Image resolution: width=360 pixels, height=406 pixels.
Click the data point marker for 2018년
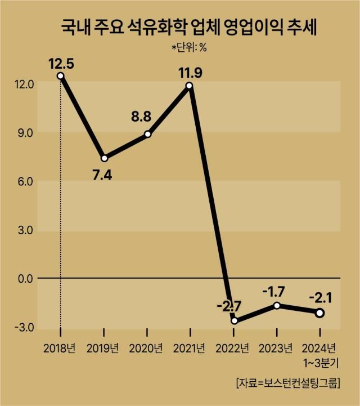point(60,76)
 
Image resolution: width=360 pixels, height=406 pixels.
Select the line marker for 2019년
point(104,158)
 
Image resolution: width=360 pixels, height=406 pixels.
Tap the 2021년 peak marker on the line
point(190,86)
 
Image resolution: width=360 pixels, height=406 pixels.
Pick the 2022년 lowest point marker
point(233,321)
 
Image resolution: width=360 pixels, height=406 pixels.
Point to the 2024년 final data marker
point(319,313)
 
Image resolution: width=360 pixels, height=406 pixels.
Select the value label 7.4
point(102,175)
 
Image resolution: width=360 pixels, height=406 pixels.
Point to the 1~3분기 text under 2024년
point(319,361)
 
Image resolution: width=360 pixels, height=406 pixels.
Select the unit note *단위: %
point(189,47)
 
